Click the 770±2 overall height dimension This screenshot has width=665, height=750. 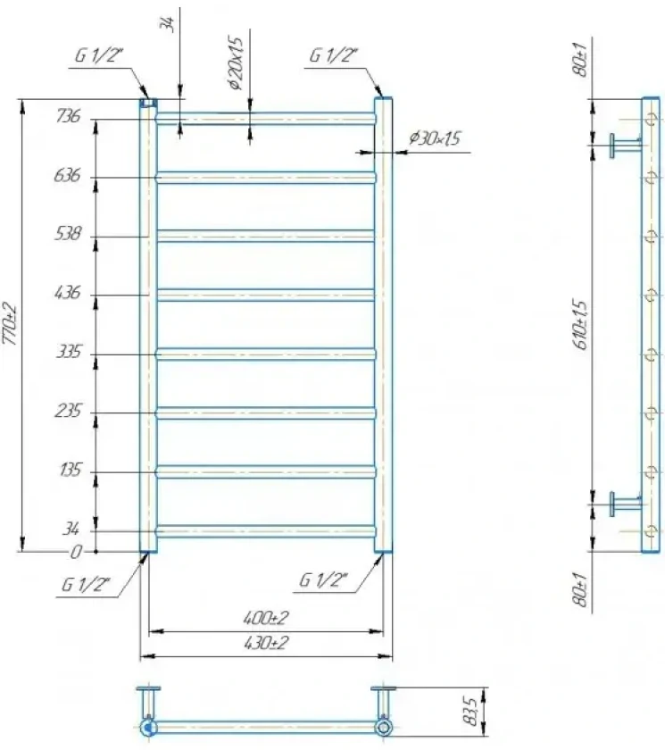click(x=11, y=324)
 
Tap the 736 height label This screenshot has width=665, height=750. click(x=69, y=116)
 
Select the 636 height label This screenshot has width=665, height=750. click(x=67, y=176)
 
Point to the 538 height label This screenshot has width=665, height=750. click(x=68, y=234)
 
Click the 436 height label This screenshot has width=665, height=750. click(x=68, y=292)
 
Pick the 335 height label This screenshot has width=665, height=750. click(x=69, y=352)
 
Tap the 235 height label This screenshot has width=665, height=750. click(x=68, y=411)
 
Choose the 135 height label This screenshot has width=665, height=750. click(x=70, y=471)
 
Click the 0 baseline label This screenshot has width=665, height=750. click(x=76, y=553)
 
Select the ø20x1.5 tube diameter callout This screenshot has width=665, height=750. click(x=237, y=63)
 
